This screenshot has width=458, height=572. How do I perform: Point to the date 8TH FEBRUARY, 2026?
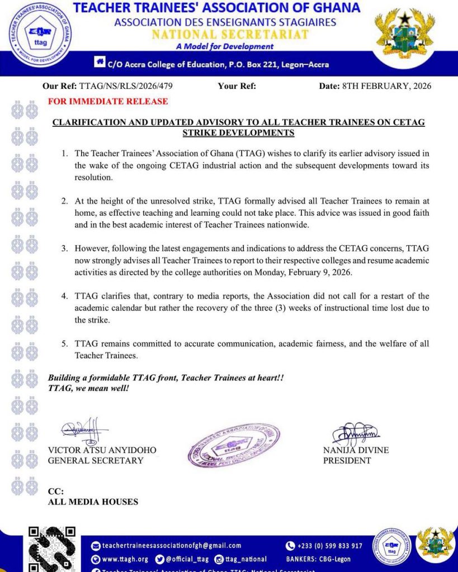(x=386, y=86)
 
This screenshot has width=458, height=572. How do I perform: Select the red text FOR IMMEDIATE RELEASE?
(x=108, y=102)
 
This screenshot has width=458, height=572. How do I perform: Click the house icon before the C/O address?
(x=100, y=63)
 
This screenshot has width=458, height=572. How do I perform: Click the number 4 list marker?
(x=64, y=296)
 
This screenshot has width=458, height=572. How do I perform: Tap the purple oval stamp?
(x=233, y=445)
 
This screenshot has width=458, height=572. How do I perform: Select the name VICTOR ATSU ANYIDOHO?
(x=102, y=450)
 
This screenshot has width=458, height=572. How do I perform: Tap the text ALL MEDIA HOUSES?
(x=93, y=502)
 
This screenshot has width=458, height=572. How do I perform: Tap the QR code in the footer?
(x=51, y=549)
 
